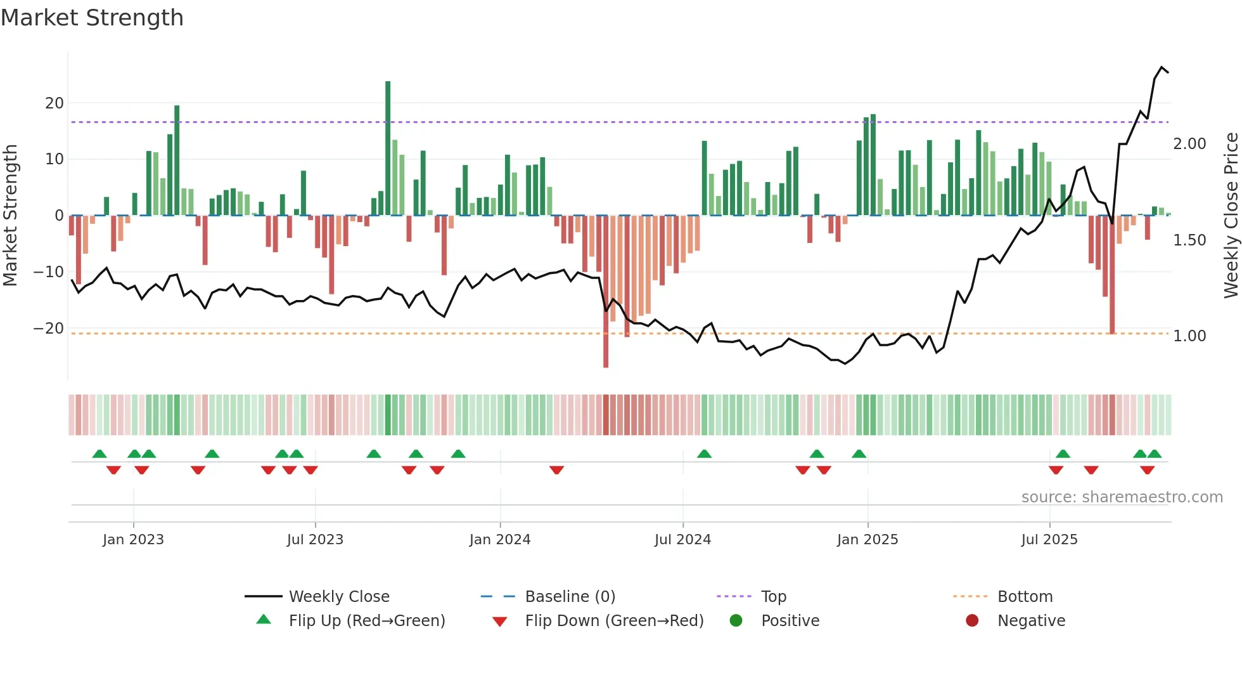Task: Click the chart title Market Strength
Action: (92, 18)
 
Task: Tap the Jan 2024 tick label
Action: (500, 540)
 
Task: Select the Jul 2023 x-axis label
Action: (315, 540)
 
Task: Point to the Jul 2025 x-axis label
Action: (1049, 540)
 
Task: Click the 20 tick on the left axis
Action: (54, 103)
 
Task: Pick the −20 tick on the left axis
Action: (49, 329)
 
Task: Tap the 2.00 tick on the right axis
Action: (1189, 144)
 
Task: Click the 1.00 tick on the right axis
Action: (1189, 336)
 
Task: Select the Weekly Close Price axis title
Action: (1231, 216)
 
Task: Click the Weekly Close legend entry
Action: (339, 597)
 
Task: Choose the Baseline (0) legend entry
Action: (570, 597)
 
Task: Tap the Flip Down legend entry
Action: (613, 621)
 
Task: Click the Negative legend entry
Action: (1031, 621)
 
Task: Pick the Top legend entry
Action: (773, 597)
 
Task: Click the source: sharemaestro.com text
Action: (1122, 497)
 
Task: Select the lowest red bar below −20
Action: (606, 292)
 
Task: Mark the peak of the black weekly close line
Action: (1162, 67)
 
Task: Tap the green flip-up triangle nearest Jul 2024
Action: (704, 454)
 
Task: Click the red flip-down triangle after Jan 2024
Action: (556, 470)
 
